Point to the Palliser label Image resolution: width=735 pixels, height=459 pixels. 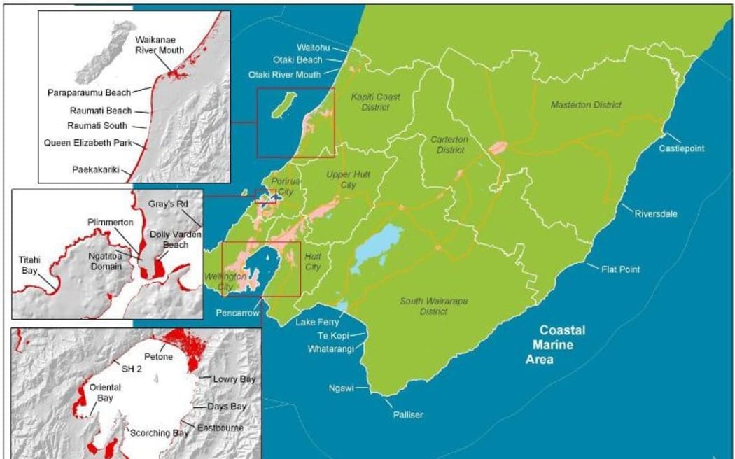coord(407,414)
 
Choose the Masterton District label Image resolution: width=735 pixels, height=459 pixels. coord(586,104)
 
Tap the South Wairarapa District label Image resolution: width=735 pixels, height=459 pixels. coord(424,306)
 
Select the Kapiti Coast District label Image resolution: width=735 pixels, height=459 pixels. coord(375,102)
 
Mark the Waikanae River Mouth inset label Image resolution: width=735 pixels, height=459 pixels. coord(160,45)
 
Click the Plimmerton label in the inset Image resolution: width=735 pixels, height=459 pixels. coord(106,222)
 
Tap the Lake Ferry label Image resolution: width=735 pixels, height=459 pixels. coord(317,323)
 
